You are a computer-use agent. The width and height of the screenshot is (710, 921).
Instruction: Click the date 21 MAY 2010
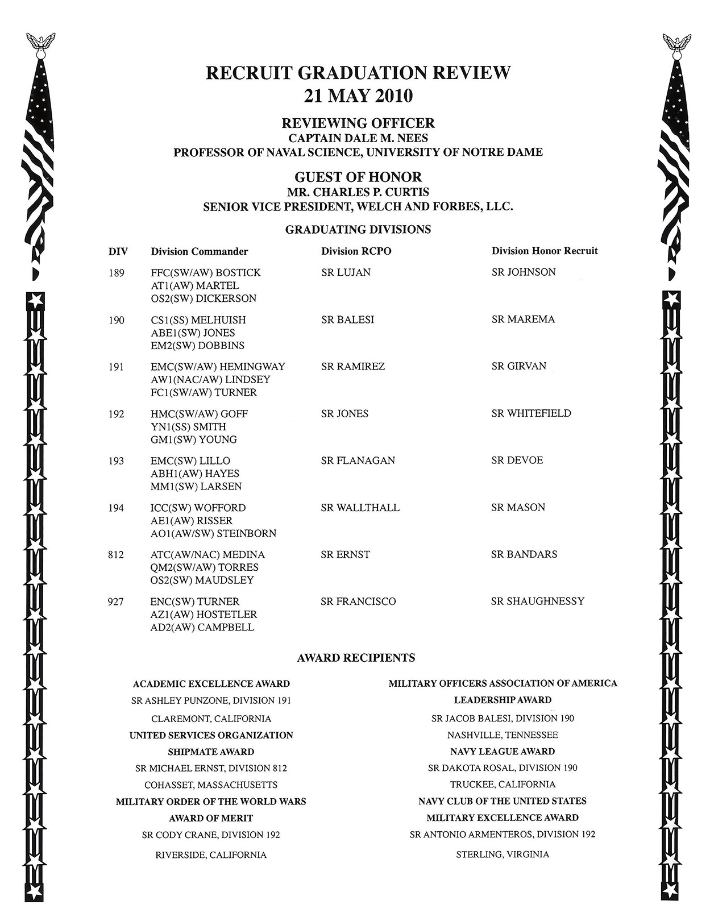pos(358,96)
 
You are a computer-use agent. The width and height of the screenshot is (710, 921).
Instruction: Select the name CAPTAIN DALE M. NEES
pos(358,138)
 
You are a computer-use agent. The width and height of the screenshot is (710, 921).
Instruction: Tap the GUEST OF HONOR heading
pos(358,177)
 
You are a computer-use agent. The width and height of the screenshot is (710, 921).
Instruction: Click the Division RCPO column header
pos(356,251)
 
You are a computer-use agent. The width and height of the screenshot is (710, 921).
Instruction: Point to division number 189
pos(116,273)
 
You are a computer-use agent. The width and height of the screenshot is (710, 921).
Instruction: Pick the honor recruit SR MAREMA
pos(523,320)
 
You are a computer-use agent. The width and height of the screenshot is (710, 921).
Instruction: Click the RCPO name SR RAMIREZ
pos(353,367)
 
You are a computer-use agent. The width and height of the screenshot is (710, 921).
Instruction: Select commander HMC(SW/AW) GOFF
pos(199,414)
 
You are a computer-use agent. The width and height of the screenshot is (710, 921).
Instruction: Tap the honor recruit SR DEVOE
pos(517,460)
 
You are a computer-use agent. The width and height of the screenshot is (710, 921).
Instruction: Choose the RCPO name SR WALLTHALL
pos(360,508)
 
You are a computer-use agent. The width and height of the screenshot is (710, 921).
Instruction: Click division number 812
pos(115,555)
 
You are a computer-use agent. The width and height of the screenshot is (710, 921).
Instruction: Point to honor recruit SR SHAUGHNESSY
pos(537,601)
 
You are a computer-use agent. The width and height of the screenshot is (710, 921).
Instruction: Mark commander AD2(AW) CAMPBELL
pos(202,628)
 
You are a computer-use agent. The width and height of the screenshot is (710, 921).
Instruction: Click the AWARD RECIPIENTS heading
pos(356,658)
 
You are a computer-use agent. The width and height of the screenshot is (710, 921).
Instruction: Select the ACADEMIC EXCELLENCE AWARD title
pos(211,684)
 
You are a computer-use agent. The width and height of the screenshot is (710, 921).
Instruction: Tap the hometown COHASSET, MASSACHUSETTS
pos(211,785)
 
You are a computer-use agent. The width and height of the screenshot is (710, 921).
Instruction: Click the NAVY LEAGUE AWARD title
pos(503,752)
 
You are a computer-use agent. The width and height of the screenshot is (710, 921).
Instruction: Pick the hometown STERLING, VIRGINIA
pos(503,854)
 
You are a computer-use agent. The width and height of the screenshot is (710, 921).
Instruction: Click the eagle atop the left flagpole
pos(41,43)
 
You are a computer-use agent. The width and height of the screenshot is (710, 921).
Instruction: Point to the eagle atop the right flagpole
pos(676,43)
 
